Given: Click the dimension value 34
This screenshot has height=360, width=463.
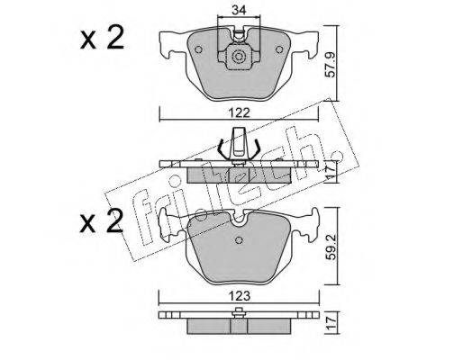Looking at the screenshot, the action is click(239, 11).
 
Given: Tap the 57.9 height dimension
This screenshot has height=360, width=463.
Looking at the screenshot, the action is click(331, 65).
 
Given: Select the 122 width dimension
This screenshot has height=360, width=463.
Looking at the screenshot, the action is click(239, 113).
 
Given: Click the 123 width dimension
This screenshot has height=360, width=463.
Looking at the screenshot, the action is click(239, 296).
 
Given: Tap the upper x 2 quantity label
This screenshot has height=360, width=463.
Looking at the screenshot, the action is click(102, 40).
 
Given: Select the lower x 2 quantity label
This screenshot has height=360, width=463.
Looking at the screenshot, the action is click(102, 222).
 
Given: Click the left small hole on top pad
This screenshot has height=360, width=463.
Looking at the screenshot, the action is click(198, 49).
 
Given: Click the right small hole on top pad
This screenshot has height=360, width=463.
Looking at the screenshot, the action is click(279, 49).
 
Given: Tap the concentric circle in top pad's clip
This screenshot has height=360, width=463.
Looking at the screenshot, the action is click(239, 57).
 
